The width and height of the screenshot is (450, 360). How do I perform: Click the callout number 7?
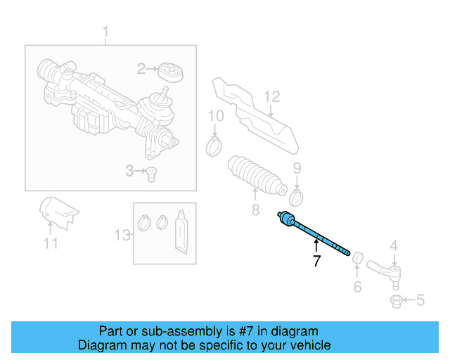pyautogui.click(x=316, y=262)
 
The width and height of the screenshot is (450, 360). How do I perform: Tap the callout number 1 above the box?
pyautogui.click(x=106, y=32)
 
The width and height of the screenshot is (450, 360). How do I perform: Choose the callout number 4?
pyautogui.click(x=394, y=246)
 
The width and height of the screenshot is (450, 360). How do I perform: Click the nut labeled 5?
pyautogui.click(x=395, y=302)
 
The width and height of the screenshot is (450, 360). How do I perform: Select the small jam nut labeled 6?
pyautogui.click(x=356, y=258)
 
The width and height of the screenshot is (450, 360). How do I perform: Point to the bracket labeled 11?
pyautogui.click(x=59, y=212)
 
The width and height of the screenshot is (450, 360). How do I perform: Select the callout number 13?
pyautogui.click(x=122, y=234)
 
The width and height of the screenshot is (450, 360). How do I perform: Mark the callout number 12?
pyautogui.click(x=272, y=96)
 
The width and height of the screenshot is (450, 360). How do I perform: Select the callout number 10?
pyautogui.click(x=216, y=115)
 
